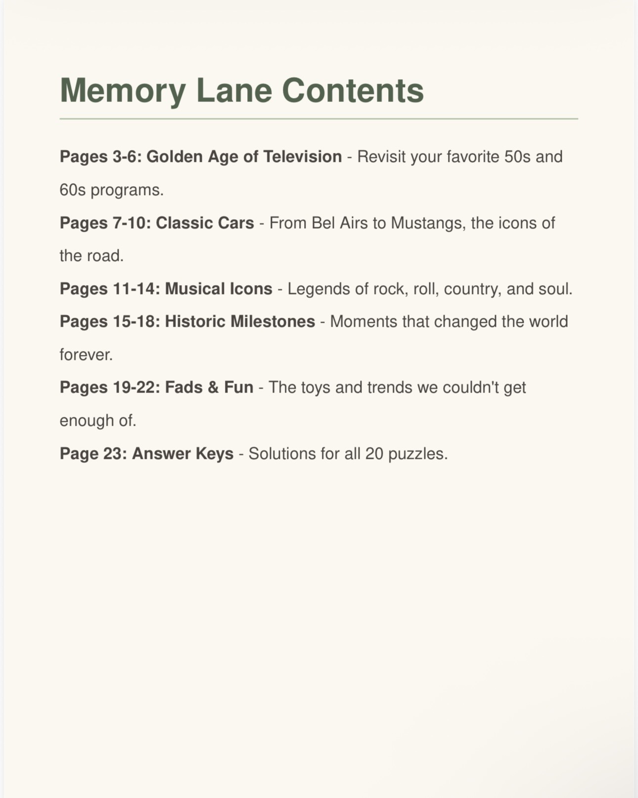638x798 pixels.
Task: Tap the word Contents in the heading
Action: coord(353,91)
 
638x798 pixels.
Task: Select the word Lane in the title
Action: coord(234,91)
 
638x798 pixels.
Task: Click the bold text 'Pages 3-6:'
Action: coord(100,157)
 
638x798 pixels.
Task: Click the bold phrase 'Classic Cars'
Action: coord(205,223)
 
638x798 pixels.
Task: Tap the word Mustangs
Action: coord(428,223)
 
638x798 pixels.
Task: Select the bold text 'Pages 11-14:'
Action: coord(110,289)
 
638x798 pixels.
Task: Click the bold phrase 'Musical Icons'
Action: coord(219,289)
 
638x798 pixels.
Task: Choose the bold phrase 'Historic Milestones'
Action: coord(240,322)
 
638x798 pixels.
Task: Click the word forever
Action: coord(86,355)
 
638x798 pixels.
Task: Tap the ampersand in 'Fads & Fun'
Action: coord(214,388)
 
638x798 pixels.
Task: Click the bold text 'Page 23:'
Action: coord(93,454)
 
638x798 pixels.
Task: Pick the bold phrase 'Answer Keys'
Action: coord(182,454)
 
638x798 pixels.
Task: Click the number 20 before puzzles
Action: coord(374,454)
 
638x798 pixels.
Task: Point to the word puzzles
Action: coord(418,454)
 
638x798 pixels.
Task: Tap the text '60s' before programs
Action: coord(73,190)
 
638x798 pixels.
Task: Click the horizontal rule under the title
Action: coord(319,119)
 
